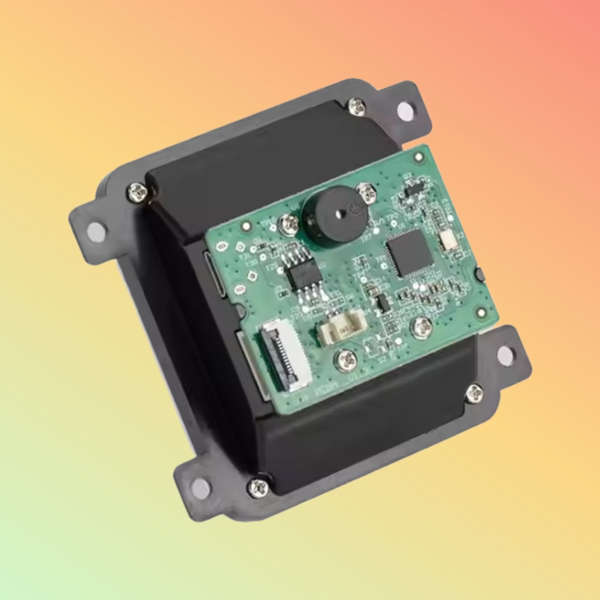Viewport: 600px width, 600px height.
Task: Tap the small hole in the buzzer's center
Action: click(338, 214)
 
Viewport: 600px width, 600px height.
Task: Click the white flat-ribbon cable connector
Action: click(286, 356)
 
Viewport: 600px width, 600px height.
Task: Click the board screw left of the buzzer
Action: click(289, 225)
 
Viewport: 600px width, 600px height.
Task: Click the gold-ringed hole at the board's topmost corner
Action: click(418, 157)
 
